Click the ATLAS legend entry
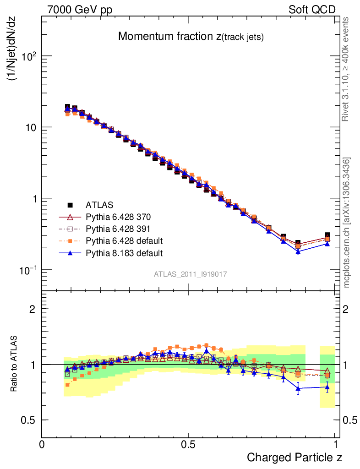[x=100, y=204]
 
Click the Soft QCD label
[x=312, y=10]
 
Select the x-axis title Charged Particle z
[x=295, y=457]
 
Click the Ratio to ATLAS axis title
[x=15, y=364]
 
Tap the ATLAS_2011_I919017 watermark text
[x=191, y=274]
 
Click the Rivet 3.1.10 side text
[x=346, y=69]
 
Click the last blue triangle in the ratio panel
[x=327, y=387]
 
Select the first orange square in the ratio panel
[x=68, y=385]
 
